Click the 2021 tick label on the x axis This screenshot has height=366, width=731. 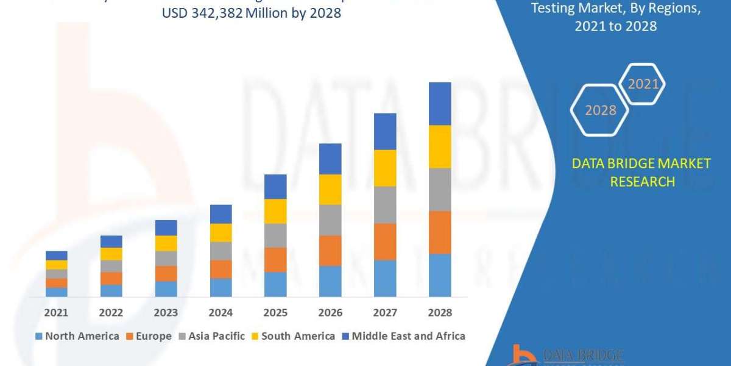coord(56,312)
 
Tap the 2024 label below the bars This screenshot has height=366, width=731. coord(221,312)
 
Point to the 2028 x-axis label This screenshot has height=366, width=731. coord(440,312)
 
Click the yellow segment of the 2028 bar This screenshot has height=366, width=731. coord(440,146)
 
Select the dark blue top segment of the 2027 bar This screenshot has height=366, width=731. coord(385,131)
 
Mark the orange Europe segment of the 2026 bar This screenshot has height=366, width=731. coord(330,250)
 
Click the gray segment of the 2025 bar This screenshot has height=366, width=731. coord(275,235)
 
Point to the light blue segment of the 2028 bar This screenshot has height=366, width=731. coord(440,275)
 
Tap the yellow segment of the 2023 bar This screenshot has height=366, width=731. coord(166,243)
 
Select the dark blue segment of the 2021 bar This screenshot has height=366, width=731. coord(56,255)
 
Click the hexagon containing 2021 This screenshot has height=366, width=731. coord(642,84)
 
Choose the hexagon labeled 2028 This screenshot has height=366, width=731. coord(600,110)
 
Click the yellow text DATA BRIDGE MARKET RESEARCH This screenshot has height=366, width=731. coord(641,173)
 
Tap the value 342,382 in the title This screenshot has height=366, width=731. coord(220,13)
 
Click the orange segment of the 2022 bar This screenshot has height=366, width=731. coord(111,278)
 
